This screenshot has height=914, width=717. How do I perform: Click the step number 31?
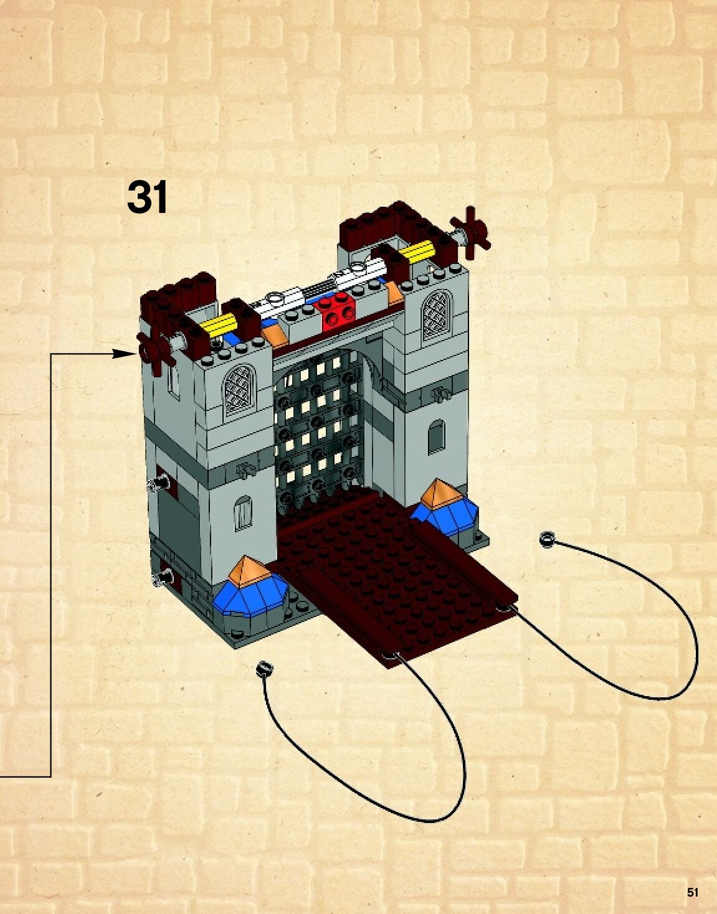[x=147, y=197]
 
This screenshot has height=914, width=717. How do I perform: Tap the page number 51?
[x=693, y=892]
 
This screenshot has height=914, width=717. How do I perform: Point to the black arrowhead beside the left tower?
[x=125, y=354]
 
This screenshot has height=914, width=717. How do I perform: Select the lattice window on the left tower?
[x=240, y=390]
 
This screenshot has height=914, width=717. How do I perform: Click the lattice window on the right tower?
[x=437, y=316]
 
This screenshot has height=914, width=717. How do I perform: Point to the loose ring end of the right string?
[x=547, y=539]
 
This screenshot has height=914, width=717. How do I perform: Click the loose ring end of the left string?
[x=264, y=669]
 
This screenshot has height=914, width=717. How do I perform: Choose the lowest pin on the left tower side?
[x=165, y=577]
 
